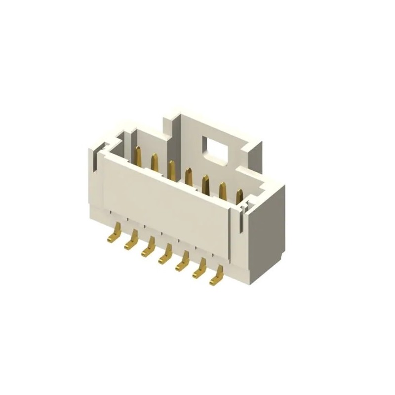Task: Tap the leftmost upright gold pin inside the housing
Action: coord(138,157)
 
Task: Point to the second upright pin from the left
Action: coord(154,163)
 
